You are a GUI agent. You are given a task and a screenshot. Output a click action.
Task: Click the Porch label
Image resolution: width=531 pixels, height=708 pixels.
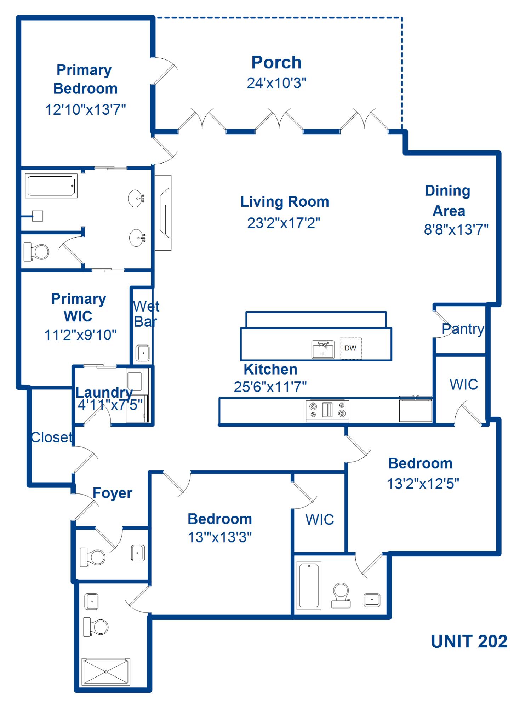[x=276, y=63]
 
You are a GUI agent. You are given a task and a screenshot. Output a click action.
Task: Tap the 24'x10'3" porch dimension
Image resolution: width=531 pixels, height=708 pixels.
[x=276, y=83]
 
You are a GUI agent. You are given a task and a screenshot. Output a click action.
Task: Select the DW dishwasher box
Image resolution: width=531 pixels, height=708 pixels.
[x=350, y=348]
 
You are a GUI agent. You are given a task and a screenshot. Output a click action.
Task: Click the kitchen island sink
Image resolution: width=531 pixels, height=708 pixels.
[x=323, y=350]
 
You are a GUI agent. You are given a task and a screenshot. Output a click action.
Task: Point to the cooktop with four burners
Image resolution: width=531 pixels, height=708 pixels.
[x=327, y=410]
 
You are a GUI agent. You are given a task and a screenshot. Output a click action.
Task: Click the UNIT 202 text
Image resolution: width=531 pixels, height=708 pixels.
[x=469, y=641]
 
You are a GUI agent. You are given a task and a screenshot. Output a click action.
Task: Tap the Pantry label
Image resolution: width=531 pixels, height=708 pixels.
[x=463, y=329]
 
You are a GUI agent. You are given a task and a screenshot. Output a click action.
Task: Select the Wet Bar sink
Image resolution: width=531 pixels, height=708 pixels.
[x=143, y=353]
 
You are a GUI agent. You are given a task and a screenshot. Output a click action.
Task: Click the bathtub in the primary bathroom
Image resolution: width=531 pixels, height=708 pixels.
[x=51, y=186]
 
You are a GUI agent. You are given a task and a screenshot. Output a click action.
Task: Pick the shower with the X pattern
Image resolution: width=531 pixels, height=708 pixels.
[x=106, y=672]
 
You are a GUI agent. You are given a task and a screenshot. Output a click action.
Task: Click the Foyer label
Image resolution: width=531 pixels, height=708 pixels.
[x=112, y=493]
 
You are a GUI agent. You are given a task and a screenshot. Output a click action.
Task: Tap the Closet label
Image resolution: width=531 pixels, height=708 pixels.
[x=51, y=438]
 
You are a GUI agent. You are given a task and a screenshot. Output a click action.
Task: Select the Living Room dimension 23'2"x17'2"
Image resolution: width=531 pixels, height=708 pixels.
[x=284, y=223]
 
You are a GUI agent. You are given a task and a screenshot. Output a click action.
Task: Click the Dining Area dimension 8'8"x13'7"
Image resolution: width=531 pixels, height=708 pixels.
[x=456, y=229]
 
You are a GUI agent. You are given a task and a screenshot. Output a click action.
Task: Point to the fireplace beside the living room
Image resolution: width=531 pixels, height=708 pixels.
[x=164, y=213]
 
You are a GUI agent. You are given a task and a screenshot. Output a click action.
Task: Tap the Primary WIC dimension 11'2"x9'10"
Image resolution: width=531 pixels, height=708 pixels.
[x=80, y=335]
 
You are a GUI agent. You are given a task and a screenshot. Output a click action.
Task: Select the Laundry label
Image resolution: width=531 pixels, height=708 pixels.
[x=104, y=392]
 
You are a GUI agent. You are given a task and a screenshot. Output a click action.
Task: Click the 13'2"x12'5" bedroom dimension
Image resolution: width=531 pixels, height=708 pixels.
[x=423, y=484]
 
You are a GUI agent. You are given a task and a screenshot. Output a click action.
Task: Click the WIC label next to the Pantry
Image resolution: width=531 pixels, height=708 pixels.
[x=464, y=384]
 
